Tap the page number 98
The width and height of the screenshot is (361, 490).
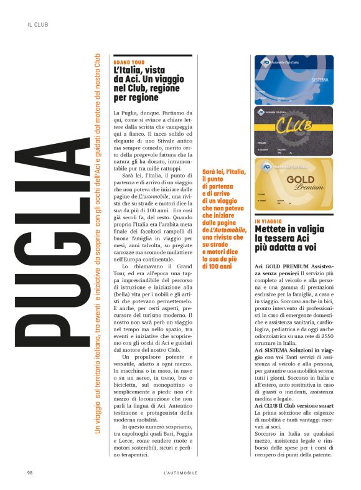[29, 473]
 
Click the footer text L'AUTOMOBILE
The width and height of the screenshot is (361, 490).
[180, 473]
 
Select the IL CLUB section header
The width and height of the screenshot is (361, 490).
[38, 25]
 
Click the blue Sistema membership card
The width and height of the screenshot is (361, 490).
[294, 79]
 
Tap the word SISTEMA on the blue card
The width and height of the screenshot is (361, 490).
[319, 81]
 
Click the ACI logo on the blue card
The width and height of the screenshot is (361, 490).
[264, 62]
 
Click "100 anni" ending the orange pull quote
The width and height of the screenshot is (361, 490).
[218, 266]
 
